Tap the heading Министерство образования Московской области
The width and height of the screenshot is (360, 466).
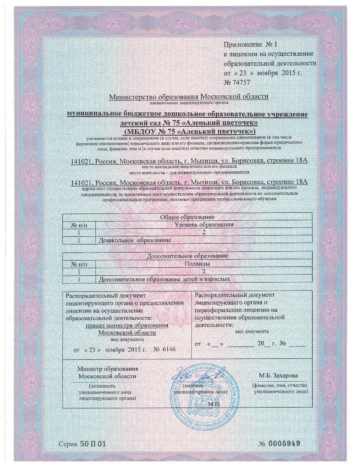pos(188,97)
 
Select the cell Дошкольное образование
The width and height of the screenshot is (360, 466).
pos(135,240)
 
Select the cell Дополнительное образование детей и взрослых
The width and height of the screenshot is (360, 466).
pos(164,280)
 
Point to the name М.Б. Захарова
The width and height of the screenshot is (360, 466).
pos(278,376)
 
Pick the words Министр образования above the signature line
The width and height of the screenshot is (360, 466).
pos(108,369)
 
